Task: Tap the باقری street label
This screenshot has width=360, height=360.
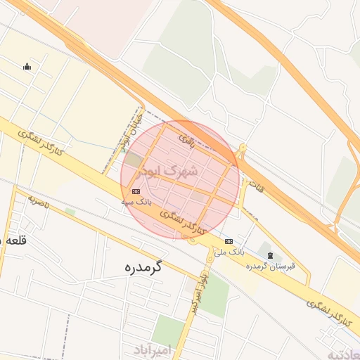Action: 186,140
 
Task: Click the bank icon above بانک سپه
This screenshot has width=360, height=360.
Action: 136,191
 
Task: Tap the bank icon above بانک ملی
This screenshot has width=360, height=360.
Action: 229,241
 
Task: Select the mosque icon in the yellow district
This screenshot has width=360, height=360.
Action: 27,67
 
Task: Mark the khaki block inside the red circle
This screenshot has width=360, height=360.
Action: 134,160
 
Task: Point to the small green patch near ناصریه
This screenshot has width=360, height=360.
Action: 70,212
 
